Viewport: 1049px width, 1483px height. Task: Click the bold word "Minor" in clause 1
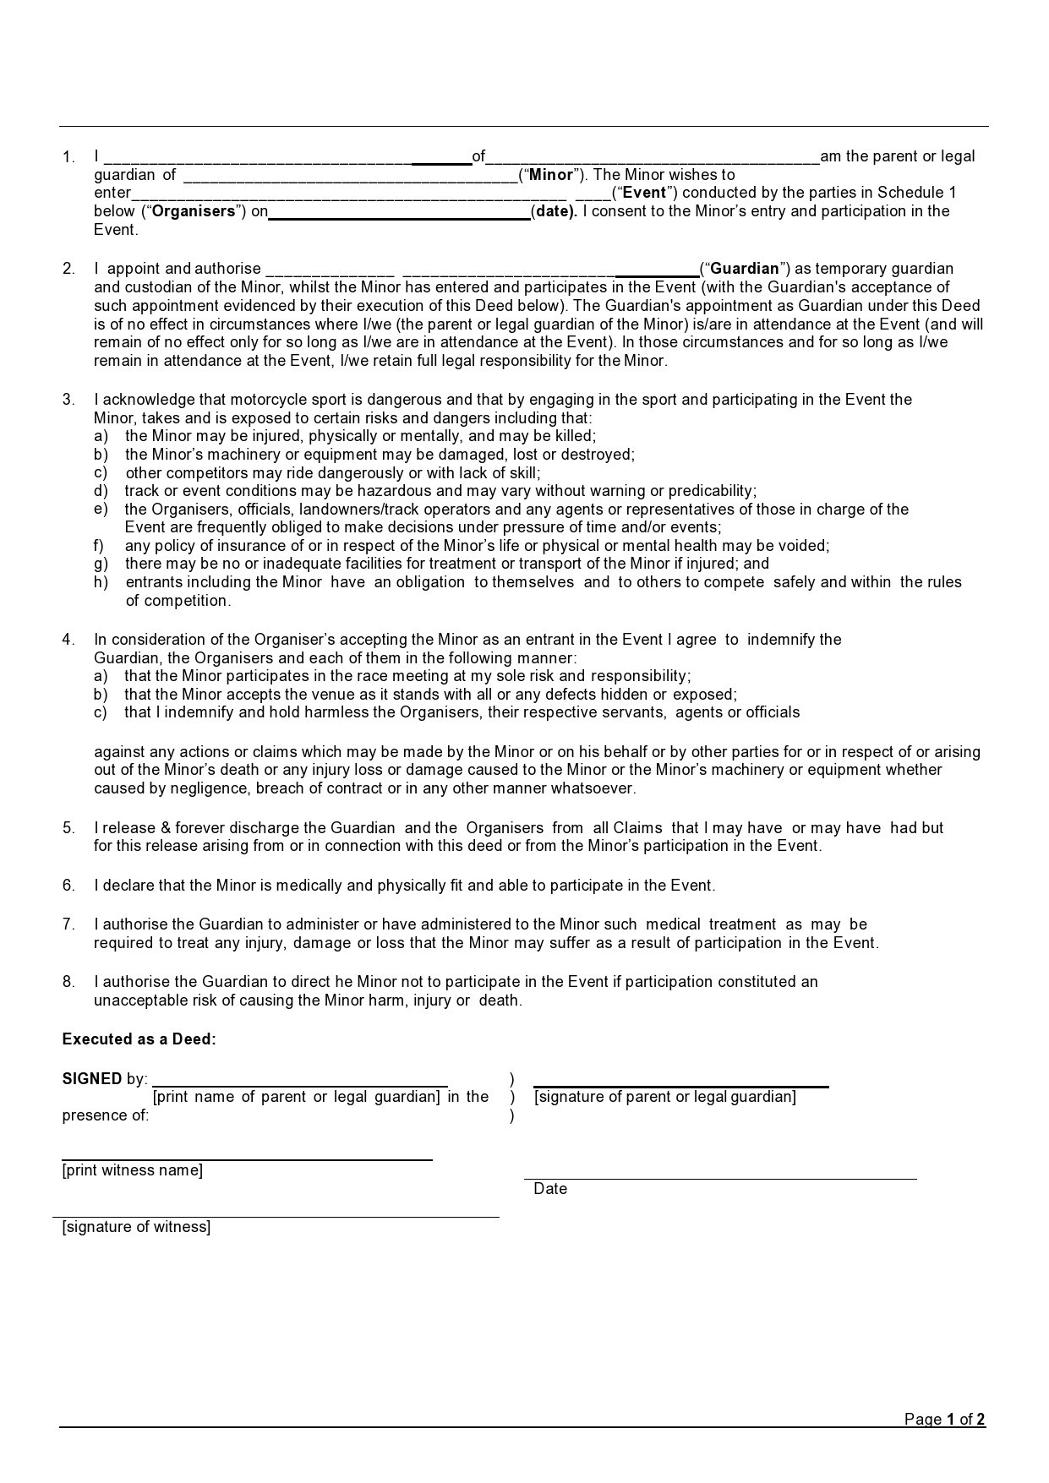point(551,175)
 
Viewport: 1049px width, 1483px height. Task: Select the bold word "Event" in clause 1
point(644,193)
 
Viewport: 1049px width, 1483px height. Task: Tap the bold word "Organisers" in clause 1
point(193,211)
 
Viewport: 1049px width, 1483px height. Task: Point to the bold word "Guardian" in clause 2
point(745,269)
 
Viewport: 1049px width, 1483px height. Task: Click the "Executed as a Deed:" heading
point(139,1039)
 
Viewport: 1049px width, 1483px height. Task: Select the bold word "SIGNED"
point(92,1079)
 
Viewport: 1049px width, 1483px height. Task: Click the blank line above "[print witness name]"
point(247,1159)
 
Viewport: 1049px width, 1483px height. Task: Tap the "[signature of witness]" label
point(136,1227)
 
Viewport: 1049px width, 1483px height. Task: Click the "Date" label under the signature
point(550,1189)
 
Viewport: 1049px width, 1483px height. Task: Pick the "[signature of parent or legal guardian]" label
point(664,1097)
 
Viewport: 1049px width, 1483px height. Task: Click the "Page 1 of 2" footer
point(944,1419)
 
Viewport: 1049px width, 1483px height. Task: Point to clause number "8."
point(68,982)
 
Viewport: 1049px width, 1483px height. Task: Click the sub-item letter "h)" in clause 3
point(101,582)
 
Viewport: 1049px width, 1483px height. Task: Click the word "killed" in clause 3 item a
point(574,436)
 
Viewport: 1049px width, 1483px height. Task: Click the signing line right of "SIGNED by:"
point(300,1084)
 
